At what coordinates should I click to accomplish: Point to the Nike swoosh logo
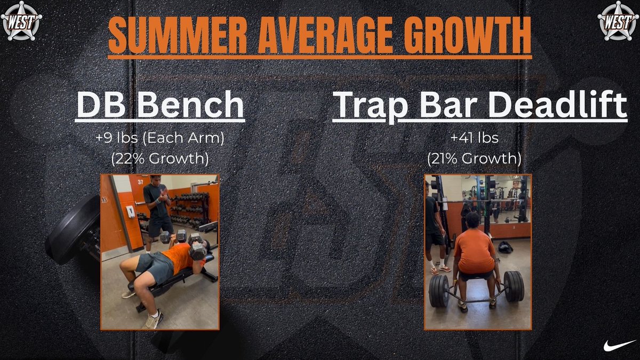(619, 345)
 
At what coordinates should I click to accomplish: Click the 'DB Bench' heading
(160, 105)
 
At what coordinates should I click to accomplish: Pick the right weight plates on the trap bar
(514, 285)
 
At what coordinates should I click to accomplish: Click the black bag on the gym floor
(505, 246)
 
